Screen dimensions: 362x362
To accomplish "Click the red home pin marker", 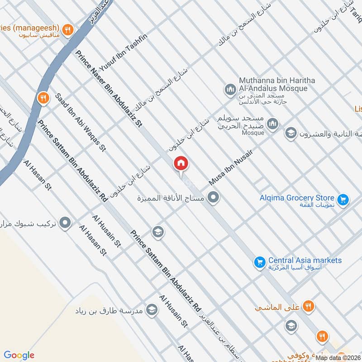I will coord(181,163).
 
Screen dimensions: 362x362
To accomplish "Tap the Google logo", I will coord(19,355).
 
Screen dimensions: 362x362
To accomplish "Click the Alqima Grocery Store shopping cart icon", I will coord(343,199).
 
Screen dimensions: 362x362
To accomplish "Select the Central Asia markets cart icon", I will coord(259,262).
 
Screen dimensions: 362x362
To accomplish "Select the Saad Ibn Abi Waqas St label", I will coord(80,122).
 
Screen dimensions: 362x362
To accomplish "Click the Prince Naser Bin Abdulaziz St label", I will coord(109,88).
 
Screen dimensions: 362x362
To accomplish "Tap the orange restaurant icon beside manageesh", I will coord(67,30).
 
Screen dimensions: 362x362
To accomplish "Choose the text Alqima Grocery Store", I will coord(297,198).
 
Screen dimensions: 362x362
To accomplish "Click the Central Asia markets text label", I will coord(305,260).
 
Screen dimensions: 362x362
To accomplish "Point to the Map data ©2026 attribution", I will coord(338,357).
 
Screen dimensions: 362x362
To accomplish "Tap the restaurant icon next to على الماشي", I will coord(308,306).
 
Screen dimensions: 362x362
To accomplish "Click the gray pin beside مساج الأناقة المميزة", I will coord(214,197).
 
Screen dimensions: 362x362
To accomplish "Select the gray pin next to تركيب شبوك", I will coord(66,223).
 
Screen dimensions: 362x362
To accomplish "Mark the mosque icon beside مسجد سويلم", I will coord(272,124).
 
